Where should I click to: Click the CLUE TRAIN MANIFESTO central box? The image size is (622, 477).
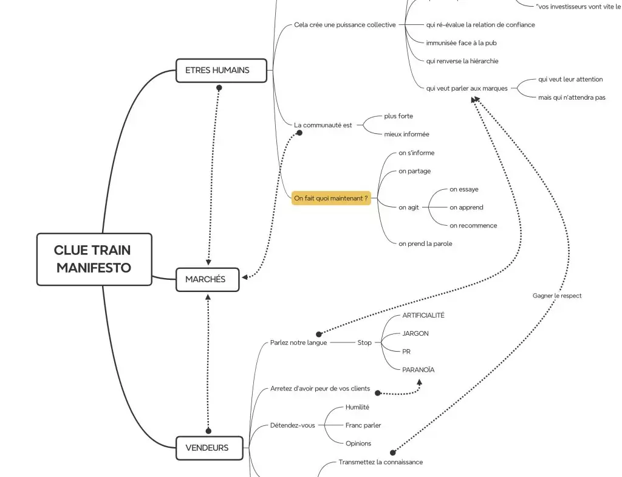coord(94,259)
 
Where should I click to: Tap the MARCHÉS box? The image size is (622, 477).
coord(207,279)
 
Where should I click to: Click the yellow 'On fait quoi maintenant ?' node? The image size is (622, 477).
coord(331,198)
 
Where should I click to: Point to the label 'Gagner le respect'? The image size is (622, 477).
coord(557,296)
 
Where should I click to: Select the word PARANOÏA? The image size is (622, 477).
coord(419,369)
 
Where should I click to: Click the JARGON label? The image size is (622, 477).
coord(415,333)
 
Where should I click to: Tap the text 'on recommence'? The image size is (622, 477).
coord(473,225)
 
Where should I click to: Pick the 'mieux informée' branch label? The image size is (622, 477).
coord(406,134)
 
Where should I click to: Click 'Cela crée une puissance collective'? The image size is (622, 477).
coord(345,25)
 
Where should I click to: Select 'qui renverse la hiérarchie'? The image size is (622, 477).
coord(462,61)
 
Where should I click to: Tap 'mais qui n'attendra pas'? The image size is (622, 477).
coord(572,97)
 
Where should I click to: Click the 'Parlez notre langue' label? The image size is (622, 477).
coord(299,343)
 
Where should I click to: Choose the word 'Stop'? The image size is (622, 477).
coord(364,343)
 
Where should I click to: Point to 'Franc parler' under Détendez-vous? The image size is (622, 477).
coord(363,425)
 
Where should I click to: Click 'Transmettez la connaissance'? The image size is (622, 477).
coord(380,462)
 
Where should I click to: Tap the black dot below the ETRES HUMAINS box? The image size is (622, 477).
coord(219,88)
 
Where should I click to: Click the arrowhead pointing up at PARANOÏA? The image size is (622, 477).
coord(419,382)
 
